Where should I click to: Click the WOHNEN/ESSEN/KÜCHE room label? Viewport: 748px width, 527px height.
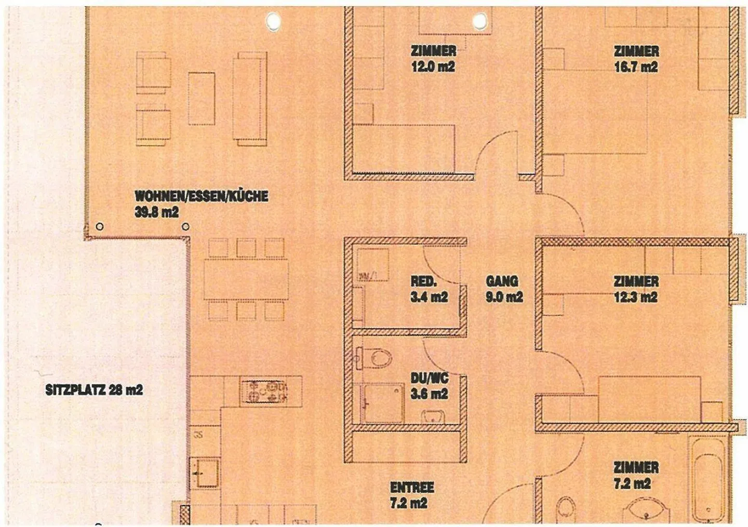pyautogui.click(x=202, y=196)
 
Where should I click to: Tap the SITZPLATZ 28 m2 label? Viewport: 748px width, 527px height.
pyautogui.click(x=94, y=390)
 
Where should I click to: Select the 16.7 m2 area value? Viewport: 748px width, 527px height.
pyautogui.click(x=636, y=67)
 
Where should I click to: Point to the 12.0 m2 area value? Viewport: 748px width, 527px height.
pyautogui.click(x=433, y=66)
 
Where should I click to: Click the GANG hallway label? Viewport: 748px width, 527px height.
pyautogui.click(x=502, y=281)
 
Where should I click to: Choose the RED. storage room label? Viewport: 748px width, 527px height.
pyautogui.click(x=423, y=281)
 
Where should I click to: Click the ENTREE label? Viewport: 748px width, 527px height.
pyautogui.click(x=412, y=487)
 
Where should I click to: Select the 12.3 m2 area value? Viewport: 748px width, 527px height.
pyautogui.click(x=636, y=297)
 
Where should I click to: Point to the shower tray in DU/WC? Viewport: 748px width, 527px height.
pyautogui.click(x=383, y=403)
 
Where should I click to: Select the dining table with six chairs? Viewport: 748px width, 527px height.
pyautogui.click(x=246, y=279)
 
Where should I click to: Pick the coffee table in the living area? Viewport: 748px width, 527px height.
pyautogui.click(x=201, y=98)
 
